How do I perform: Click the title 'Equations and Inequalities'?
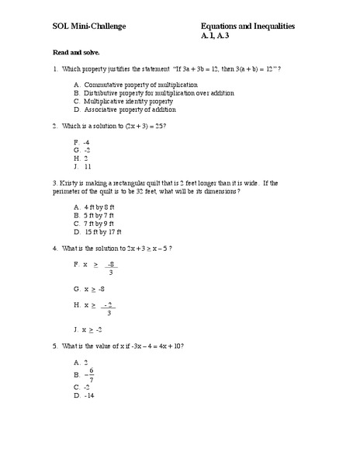pos(247,26)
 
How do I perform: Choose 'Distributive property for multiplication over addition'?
pos(159,92)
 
